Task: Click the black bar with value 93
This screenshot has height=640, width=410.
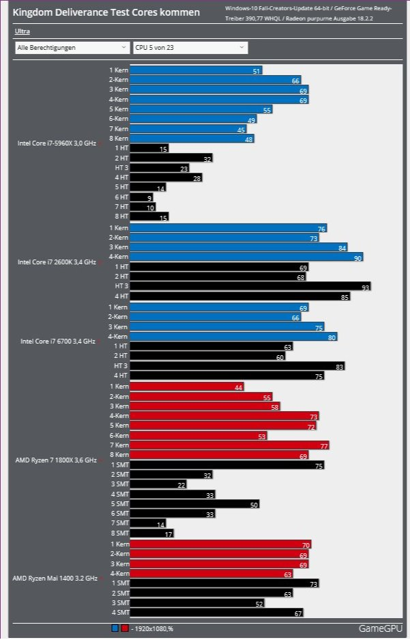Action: [250, 286]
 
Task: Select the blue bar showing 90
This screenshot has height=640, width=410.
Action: [246, 257]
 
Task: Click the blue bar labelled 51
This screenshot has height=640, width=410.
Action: [196, 70]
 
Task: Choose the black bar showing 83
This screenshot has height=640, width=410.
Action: [237, 366]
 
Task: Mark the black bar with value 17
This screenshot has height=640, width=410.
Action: [151, 533]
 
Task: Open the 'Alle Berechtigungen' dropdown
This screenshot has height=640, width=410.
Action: [72, 48]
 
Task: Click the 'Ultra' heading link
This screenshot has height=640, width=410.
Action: [23, 31]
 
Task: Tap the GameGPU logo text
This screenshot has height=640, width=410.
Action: [380, 628]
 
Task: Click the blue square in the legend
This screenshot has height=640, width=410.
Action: [115, 628]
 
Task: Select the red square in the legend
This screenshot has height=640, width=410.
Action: [125, 628]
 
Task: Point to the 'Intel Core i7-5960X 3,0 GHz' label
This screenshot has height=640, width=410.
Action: [57, 143]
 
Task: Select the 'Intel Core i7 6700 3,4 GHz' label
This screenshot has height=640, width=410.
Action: [57, 341]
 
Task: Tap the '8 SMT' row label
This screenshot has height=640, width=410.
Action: [119, 533]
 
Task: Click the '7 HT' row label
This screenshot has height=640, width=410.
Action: [121, 207]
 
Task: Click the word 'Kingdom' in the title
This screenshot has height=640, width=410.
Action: [33, 13]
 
